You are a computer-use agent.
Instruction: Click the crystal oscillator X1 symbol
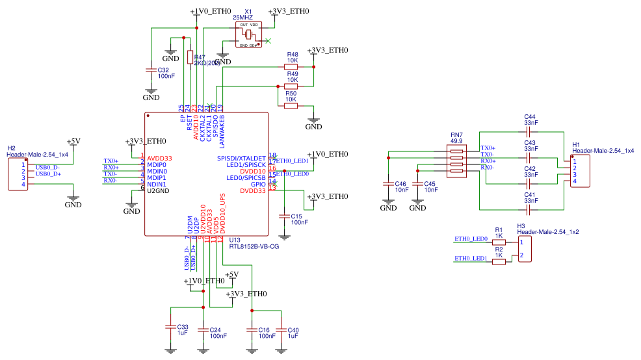(x=249, y=35)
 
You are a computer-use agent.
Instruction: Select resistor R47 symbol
(x=190, y=58)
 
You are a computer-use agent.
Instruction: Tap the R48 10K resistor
(x=291, y=66)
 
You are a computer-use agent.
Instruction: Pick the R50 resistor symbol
(x=291, y=105)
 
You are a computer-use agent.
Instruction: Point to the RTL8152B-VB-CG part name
(x=254, y=247)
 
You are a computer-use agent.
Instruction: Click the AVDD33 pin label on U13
(x=159, y=158)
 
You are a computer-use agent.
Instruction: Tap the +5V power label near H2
(x=73, y=141)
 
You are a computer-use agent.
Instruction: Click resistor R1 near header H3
(x=499, y=241)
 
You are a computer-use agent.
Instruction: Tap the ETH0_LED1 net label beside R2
(x=471, y=259)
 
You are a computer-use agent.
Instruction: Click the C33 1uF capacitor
(x=170, y=327)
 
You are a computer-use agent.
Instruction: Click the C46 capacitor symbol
(x=388, y=185)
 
